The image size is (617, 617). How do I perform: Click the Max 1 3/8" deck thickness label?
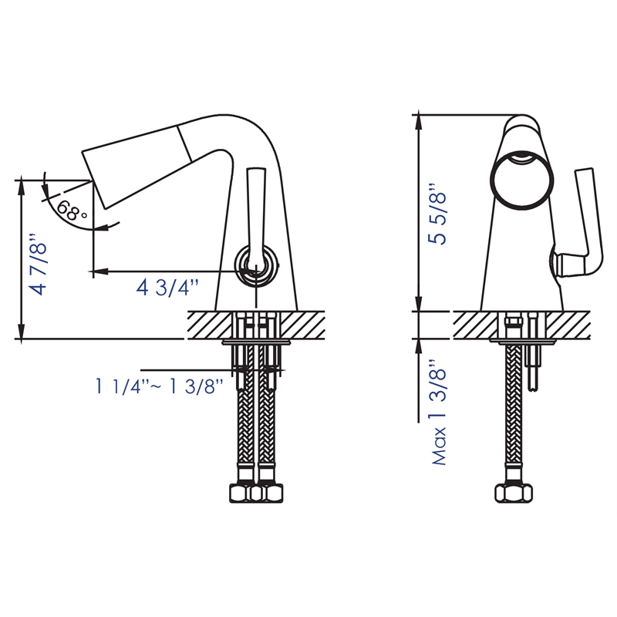point(440,413)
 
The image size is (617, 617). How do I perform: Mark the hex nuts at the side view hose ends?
point(255,493)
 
